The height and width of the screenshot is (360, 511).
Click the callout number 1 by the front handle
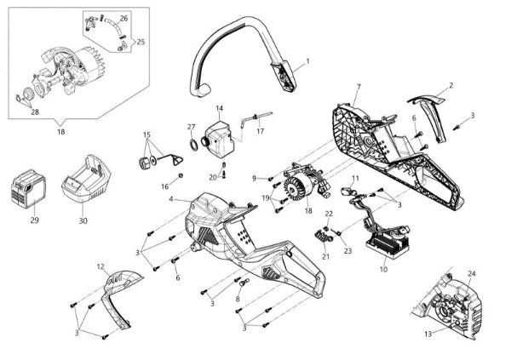[x=307, y=60]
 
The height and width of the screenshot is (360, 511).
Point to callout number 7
[x=359, y=87]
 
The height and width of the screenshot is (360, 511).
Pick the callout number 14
[x=219, y=108]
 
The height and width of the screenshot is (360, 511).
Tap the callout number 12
[x=101, y=266]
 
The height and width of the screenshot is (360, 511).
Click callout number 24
[x=470, y=273]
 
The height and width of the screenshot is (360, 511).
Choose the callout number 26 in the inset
[x=123, y=18]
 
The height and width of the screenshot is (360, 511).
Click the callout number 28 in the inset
[x=35, y=111]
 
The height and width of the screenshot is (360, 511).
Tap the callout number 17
[x=261, y=131]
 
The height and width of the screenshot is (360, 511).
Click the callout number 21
[x=324, y=256]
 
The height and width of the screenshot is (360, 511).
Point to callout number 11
[x=355, y=178]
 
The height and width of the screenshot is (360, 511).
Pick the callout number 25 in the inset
[x=141, y=41]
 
